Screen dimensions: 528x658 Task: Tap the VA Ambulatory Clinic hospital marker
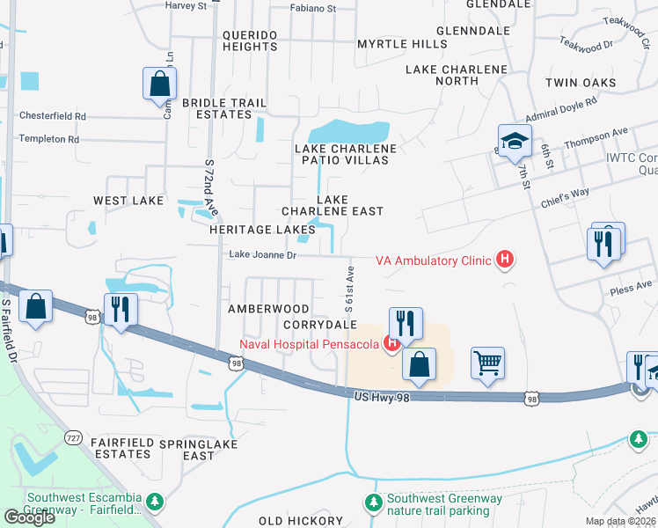pyautogui.click(x=505, y=260)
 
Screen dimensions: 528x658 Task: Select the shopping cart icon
pyautogui.click(x=487, y=362)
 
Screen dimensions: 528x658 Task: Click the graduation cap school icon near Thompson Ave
pyautogui.click(x=515, y=140)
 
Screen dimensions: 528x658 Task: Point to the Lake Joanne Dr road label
pyautogui.click(x=263, y=255)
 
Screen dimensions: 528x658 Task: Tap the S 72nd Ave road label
pyautogui.click(x=209, y=190)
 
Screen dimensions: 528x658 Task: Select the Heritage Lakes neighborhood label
pyautogui.click(x=250, y=229)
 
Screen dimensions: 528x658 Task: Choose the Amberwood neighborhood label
pyautogui.click(x=268, y=309)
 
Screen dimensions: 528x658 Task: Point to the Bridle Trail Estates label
pyautogui.click(x=224, y=109)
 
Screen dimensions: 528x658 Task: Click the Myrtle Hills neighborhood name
pyautogui.click(x=402, y=43)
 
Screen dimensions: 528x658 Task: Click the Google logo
pyautogui.click(x=29, y=517)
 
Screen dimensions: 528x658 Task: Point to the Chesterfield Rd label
pyautogui.click(x=53, y=116)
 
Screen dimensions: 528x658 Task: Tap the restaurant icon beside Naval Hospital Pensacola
pyautogui.click(x=405, y=321)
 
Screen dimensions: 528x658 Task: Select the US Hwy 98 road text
pyautogui.click(x=385, y=400)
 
